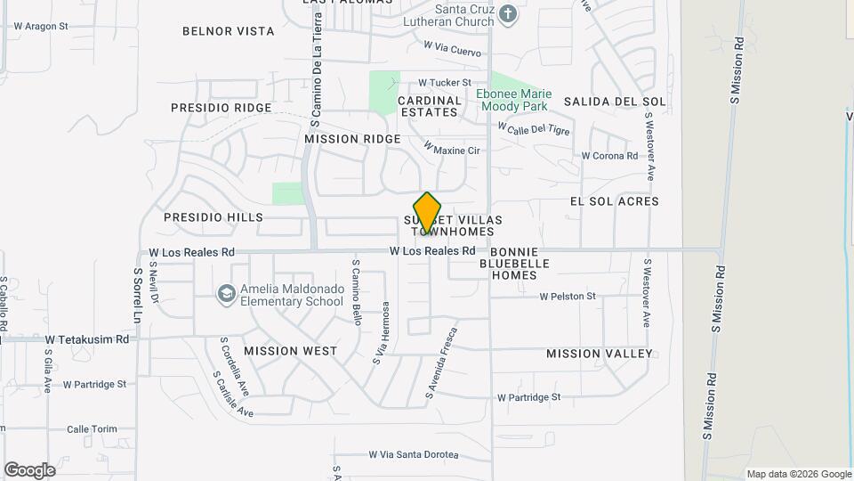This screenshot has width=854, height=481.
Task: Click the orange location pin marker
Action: (x=427, y=213)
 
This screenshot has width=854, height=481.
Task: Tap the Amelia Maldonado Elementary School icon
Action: (x=228, y=292)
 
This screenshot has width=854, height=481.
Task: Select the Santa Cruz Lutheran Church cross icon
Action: (x=507, y=13)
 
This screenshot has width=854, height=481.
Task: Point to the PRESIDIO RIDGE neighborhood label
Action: (x=222, y=108)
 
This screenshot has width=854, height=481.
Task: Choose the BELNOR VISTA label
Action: (x=228, y=31)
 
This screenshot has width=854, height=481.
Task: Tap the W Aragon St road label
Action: (x=40, y=27)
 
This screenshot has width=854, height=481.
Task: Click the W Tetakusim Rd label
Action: (x=87, y=339)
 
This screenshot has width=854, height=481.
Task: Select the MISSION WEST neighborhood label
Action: (x=291, y=351)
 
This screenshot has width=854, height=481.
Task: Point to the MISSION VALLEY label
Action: (x=600, y=354)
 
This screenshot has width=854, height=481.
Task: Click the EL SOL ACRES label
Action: (x=614, y=201)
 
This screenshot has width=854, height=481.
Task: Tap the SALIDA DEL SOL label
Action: (x=615, y=102)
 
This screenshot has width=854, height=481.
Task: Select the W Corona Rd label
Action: (x=609, y=156)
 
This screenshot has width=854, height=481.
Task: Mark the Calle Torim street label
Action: (x=92, y=429)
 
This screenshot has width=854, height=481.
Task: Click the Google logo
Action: (x=29, y=470)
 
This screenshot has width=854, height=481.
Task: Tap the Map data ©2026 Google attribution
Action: (x=798, y=474)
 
